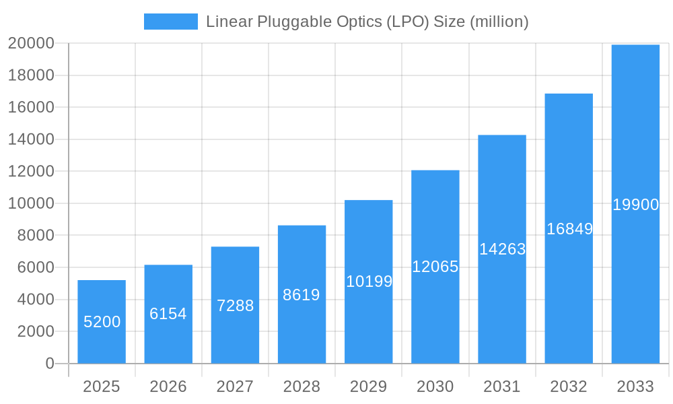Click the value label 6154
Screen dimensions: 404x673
[168, 314]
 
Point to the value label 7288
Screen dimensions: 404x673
[235, 306]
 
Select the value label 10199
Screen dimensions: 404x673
[369, 281]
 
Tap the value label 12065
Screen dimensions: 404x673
[435, 267]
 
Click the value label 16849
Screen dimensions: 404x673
[569, 229]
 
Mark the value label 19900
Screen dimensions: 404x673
[635, 205]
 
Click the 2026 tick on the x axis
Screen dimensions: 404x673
[168, 386]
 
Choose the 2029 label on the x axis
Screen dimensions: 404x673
[369, 386]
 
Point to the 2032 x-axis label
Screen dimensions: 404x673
[569, 386]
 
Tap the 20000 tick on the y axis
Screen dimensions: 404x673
[31, 43]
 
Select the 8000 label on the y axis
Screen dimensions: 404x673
[35, 235]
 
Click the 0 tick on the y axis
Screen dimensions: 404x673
[50, 364]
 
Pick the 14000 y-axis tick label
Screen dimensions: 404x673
[31, 139]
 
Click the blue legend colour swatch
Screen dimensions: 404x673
[171, 22]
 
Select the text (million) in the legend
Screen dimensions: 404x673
[499, 22]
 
